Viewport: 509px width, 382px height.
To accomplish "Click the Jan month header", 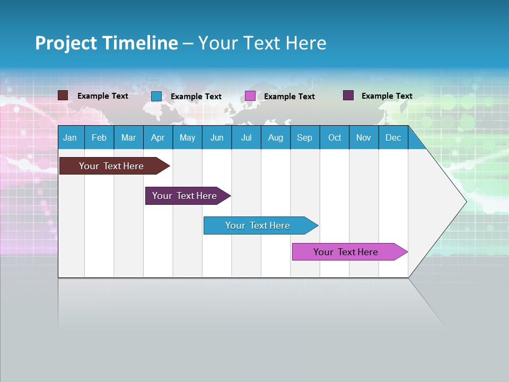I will tap(71, 137).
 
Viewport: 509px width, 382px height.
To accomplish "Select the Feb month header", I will tap(99, 137).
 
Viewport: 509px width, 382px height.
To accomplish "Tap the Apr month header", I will tap(158, 137).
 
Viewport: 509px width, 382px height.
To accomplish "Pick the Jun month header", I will tap(217, 137).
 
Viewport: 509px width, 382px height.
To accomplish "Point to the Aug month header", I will tap(275, 137).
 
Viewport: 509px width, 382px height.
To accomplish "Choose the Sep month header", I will tap(305, 137).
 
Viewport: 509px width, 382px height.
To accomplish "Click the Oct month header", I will tap(335, 137).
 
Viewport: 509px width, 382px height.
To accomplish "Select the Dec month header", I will tap(393, 137).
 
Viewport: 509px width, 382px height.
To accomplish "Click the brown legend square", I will tap(63, 95).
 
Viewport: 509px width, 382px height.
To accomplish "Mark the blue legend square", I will tap(156, 96).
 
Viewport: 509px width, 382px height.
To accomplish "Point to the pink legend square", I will tap(250, 96).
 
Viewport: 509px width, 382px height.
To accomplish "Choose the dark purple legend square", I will tap(348, 95).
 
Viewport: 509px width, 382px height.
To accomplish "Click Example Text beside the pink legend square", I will tap(289, 97).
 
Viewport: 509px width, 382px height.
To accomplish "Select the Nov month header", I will tap(364, 137).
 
